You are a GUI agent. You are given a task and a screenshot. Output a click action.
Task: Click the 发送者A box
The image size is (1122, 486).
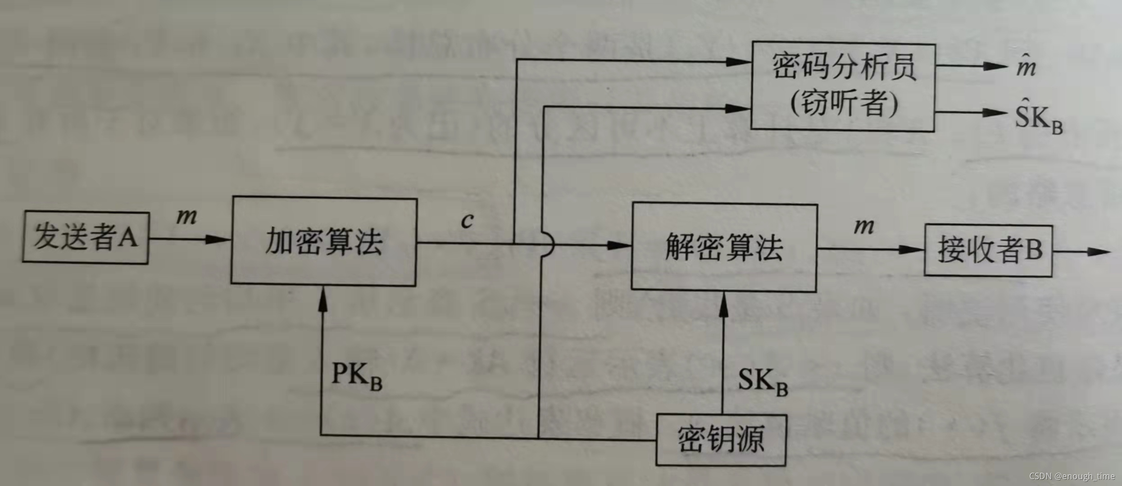pos(86,237)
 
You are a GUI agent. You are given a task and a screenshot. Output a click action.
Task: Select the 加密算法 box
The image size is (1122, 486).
pos(324,241)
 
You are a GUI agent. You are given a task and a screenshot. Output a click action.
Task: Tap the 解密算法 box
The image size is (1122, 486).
pos(724,247)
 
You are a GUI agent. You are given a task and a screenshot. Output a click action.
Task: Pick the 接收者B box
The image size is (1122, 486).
pos(988,250)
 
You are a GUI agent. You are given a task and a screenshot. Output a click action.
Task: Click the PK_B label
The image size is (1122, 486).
pos(356,375)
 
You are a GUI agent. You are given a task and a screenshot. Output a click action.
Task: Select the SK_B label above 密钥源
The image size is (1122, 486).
pos(763,381)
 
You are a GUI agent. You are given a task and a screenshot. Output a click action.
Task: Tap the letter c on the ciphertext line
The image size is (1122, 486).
pos(467,220)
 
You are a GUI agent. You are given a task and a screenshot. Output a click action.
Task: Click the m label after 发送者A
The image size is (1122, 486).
pos(186,216)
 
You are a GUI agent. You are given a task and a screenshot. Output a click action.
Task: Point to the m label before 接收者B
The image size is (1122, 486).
pos(864,226)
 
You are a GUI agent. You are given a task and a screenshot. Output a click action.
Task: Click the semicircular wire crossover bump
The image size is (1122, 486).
pos(549,245)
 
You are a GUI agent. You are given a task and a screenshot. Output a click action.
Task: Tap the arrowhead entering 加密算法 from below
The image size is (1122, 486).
pos(323,299)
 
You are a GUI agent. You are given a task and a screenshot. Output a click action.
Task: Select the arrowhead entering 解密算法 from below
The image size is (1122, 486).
pos(723,305)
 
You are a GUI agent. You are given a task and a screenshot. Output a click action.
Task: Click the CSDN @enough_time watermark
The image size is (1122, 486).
pos(1072,476)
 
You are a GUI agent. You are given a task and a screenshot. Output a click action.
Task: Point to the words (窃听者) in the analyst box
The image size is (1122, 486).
pos(844,104)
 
